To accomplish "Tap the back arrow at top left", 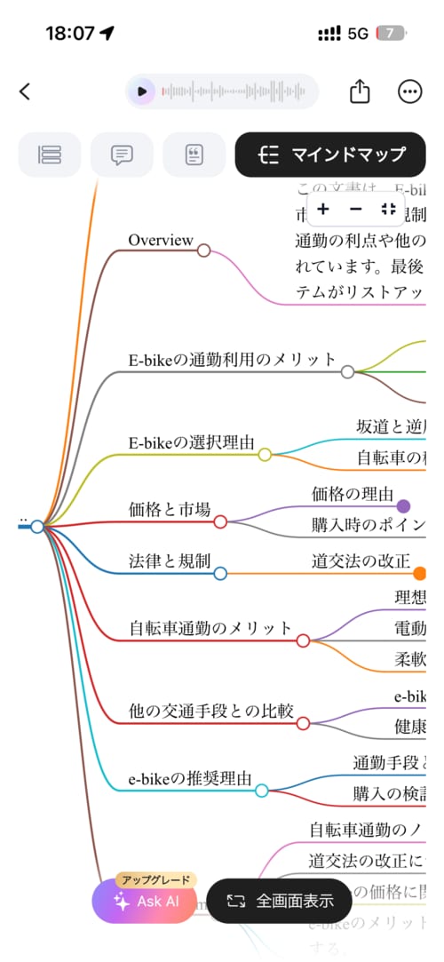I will coord(25,91).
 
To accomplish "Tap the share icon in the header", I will coord(359,91).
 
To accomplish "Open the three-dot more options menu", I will coord(410,91).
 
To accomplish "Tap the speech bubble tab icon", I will coord(122,155).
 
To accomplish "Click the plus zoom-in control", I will coord(323,209).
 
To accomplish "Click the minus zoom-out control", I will coord(356,209).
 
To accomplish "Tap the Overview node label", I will coord(160,240).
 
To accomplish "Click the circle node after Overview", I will coord(203,250).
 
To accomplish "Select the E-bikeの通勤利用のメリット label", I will coord(233,360).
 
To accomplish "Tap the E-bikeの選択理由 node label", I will coord(192,442).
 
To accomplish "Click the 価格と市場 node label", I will coord(170,510).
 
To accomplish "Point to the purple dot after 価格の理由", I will coord(403,506).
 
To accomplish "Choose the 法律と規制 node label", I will coord(170,561).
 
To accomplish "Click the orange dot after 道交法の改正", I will coord(420,574).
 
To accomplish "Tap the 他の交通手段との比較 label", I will coord(211,712).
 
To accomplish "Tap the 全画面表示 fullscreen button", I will coord(281,901).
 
